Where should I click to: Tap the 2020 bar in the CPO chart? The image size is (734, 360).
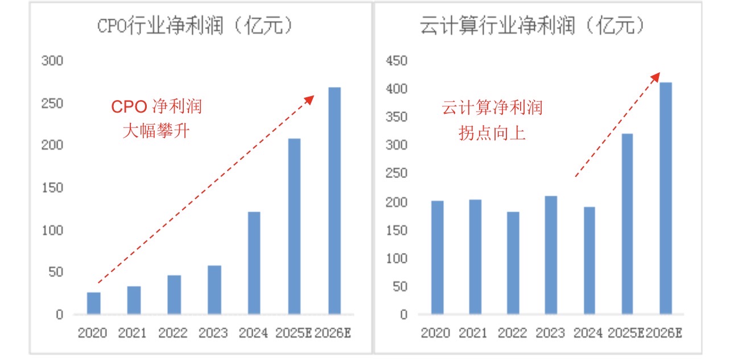click(93, 303)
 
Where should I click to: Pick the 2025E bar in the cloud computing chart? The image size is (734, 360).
click(627, 224)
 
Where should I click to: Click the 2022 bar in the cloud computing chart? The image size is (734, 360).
click(513, 263)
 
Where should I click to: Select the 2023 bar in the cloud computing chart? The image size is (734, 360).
click(551, 255)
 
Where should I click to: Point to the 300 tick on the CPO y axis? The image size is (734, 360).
click(52, 61)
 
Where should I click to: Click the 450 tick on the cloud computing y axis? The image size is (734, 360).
click(397, 61)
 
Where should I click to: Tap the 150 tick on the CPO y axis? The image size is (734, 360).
click(52, 188)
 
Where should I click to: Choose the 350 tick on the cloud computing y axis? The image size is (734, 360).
click(397, 117)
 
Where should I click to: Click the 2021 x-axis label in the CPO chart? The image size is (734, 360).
click(133, 333)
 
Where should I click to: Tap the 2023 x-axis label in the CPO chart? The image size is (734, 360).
click(213, 333)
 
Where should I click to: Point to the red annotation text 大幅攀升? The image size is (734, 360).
click(155, 132)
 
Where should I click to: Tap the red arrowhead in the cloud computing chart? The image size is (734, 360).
click(656, 76)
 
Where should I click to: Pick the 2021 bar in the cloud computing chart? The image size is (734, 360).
click(475, 256)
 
